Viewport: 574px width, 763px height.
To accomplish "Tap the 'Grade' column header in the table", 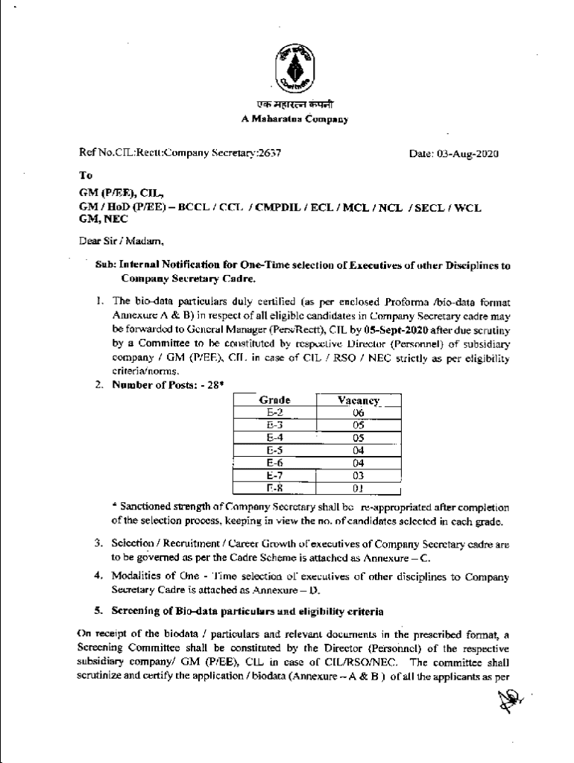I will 274,400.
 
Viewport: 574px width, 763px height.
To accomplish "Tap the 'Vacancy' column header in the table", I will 359,400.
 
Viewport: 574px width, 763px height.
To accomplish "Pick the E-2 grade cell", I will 274,412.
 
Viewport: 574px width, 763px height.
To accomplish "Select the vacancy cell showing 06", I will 359,412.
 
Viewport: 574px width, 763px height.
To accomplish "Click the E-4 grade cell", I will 274,437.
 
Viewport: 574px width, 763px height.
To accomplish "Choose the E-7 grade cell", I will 274,475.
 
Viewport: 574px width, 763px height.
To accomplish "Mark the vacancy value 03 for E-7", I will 359,475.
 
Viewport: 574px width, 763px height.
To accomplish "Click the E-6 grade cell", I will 274,462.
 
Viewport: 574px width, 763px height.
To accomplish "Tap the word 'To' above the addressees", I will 86,176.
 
